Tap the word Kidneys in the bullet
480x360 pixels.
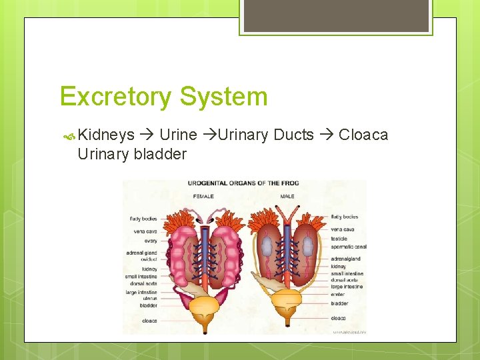(107, 135)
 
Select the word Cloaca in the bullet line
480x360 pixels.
(363, 135)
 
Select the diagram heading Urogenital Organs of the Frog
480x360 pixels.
(243, 183)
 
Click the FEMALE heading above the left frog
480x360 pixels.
(203, 197)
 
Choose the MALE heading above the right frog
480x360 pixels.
(288, 197)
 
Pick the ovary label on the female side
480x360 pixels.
(150, 241)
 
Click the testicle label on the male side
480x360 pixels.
(339, 239)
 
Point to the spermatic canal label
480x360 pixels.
(348, 247)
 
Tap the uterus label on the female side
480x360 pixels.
(149, 299)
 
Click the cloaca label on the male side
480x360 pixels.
(339, 317)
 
